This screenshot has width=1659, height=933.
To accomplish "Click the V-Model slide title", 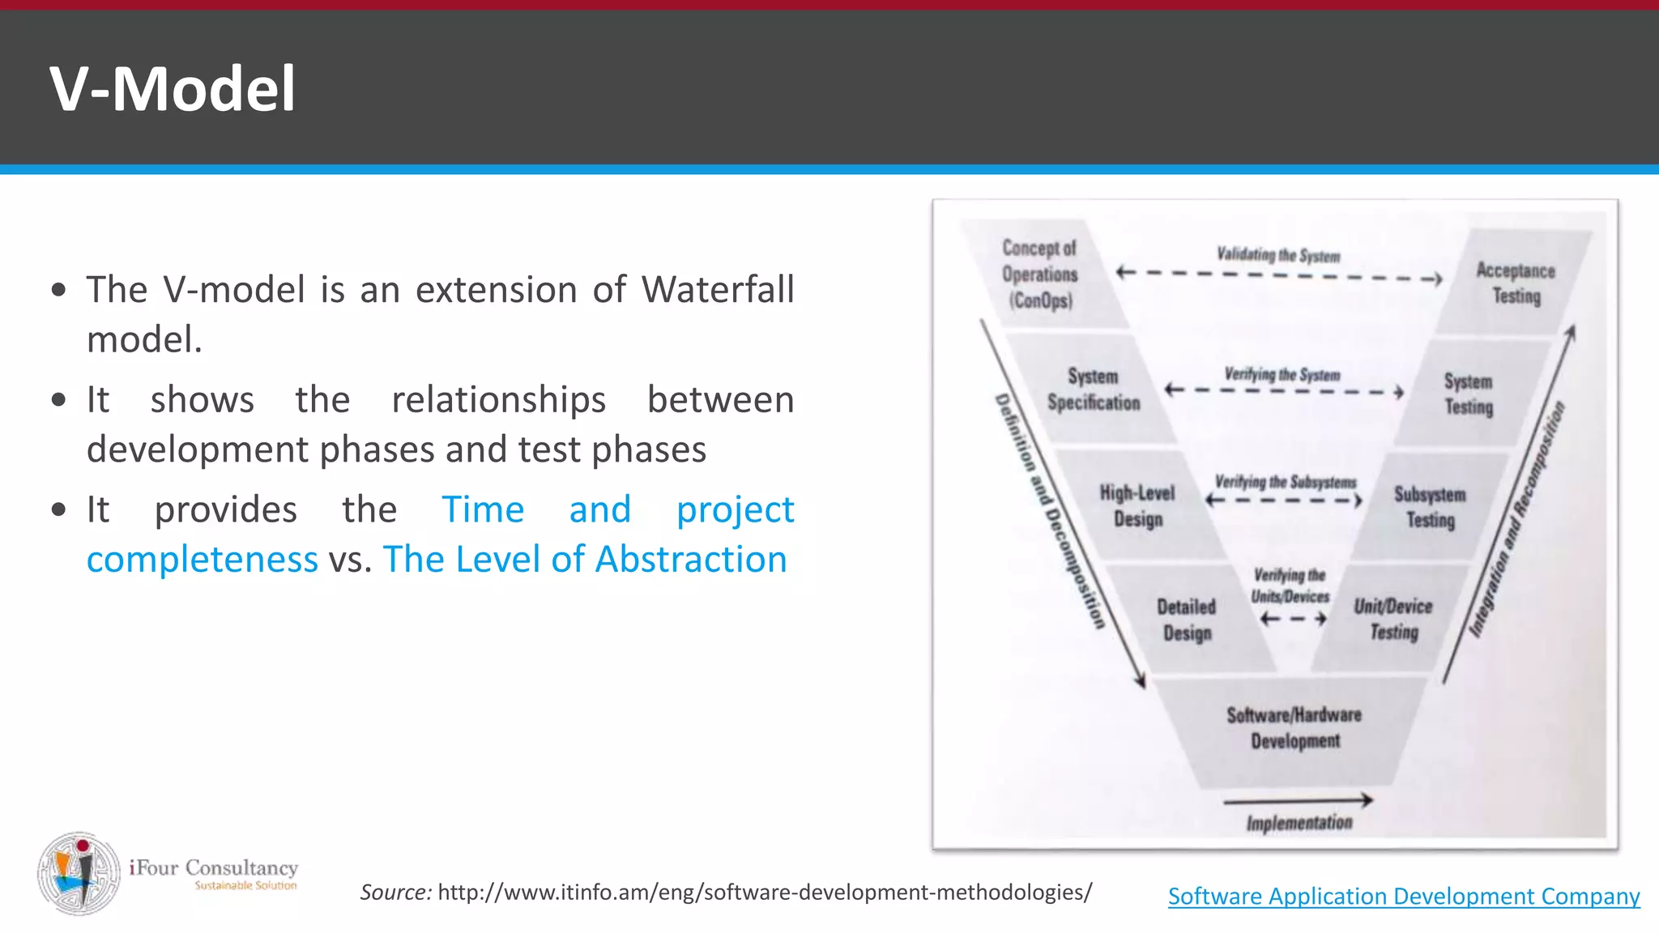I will tap(173, 88).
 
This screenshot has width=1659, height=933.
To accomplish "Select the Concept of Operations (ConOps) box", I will tap(1040, 275).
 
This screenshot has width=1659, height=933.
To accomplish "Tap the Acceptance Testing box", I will tap(1515, 283).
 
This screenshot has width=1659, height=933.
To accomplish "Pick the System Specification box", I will tap(1093, 390).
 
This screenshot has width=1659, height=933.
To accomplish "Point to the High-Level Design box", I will tap(1137, 506).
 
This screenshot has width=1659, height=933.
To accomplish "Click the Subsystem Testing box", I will tap(1430, 507).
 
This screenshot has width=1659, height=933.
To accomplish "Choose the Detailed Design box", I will tap(1187, 620).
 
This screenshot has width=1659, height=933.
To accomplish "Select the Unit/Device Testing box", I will tap(1393, 619).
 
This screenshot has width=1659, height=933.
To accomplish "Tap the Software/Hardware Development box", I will tap(1294, 728).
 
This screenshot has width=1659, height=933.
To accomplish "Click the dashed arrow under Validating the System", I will tap(1278, 275).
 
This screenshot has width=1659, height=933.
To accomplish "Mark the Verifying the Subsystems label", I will tap(1285, 482).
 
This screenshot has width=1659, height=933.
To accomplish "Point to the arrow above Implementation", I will tap(1298, 801).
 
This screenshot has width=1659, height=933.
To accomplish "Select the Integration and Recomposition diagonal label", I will tap(1516, 518).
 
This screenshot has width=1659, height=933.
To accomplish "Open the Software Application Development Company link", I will tap(1403, 896).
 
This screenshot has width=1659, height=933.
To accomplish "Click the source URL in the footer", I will tap(764, 892).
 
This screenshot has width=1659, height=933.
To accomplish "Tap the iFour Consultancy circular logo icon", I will tap(79, 873).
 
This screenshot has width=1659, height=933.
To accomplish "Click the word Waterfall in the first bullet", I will tap(718, 289).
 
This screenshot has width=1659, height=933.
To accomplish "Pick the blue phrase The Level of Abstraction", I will tap(585, 559).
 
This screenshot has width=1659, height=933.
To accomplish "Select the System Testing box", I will tap(1468, 394).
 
